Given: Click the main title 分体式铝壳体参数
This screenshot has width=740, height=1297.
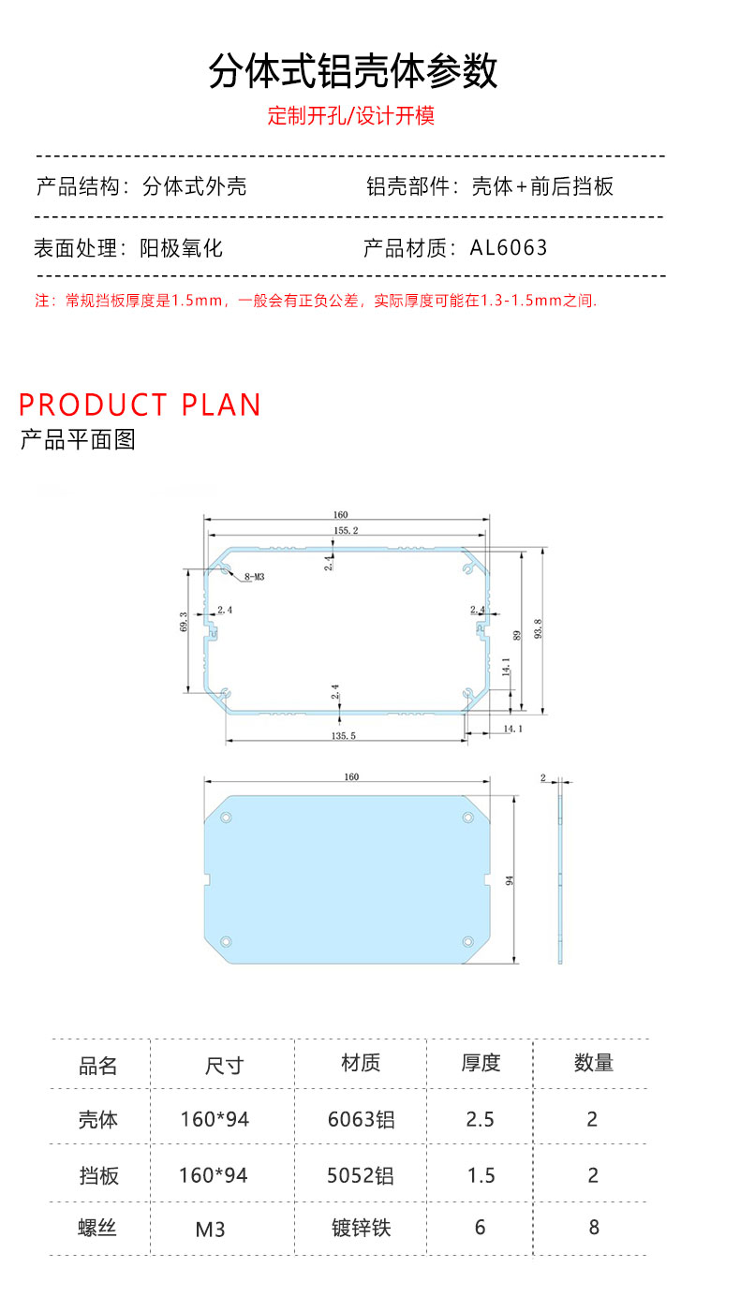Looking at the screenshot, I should (352, 72).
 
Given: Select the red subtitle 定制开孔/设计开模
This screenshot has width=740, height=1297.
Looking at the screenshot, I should (351, 116).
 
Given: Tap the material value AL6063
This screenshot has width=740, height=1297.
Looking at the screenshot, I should (509, 248).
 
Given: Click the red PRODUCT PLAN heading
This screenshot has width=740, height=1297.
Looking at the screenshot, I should (140, 405).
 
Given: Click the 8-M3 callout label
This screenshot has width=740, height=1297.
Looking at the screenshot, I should (254, 577).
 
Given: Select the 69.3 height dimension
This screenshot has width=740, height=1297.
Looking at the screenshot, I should (184, 622).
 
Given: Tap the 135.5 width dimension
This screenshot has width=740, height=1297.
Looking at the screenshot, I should (344, 735).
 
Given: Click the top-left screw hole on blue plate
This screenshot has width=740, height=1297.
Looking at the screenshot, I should (226, 819).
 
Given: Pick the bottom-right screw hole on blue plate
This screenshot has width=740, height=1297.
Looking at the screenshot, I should (467, 941).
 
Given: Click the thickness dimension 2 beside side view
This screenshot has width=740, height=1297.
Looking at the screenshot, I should (543, 777).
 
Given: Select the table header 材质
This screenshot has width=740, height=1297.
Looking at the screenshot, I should (361, 1063).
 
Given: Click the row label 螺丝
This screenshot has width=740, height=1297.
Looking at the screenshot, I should (98, 1228).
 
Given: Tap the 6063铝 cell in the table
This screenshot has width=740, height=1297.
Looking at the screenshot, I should (361, 1119).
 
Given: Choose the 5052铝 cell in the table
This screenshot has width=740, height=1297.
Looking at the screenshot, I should (361, 1175).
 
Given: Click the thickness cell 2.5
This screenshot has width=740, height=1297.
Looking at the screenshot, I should (480, 1119).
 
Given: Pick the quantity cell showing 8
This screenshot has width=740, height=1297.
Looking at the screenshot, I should (593, 1228).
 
